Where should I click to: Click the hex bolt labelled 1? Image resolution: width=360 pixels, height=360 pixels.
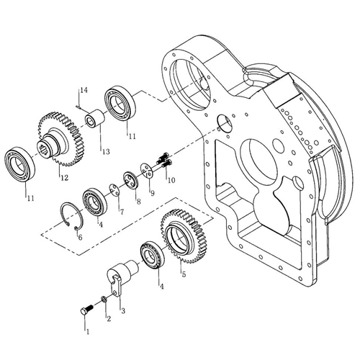pyautogui.click(x=86, y=309)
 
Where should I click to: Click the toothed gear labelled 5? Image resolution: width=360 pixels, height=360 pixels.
pyautogui.click(x=184, y=236)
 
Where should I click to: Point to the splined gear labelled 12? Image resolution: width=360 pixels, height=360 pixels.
pyautogui.click(x=61, y=139)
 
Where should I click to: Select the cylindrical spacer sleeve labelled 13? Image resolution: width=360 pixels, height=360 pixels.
pyautogui.click(x=96, y=118)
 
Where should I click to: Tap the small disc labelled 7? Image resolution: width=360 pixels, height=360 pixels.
pyautogui.click(x=114, y=189)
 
